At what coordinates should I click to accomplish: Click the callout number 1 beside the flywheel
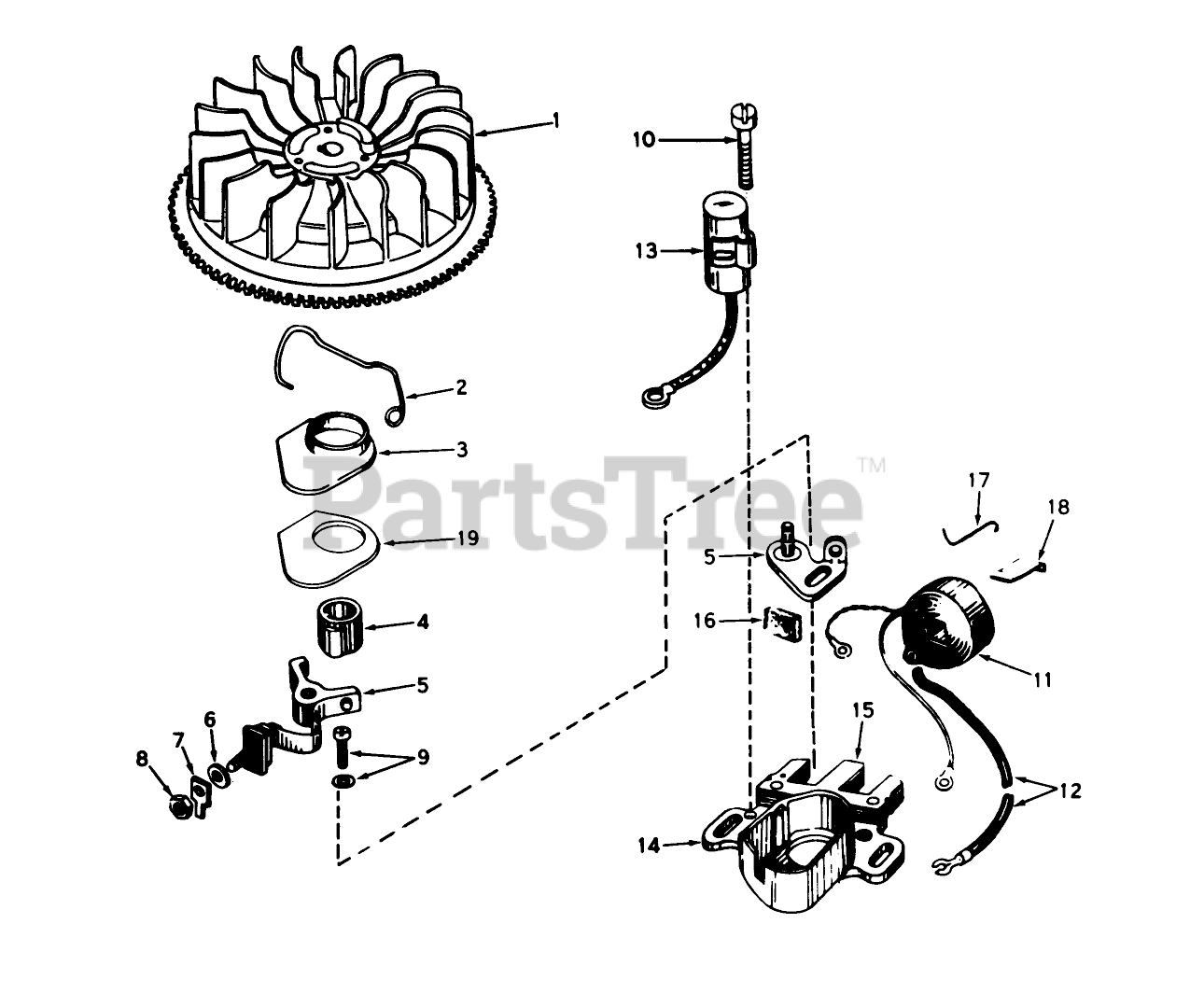click(556, 120)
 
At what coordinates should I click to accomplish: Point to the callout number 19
click(467, 539)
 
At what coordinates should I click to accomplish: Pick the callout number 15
click(862, 710)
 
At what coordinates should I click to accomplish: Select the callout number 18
click(1058, 508)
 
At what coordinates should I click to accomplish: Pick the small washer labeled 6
click(217, 774)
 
